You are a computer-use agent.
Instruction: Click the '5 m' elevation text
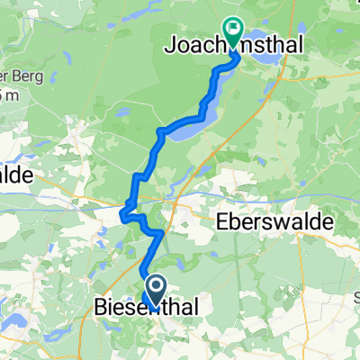click(x=9, y=95)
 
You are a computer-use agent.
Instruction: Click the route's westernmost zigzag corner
click(x=121, y=213)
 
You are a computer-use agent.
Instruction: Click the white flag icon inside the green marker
click(x=233, y=29)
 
